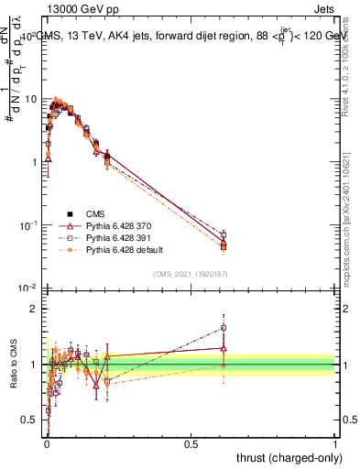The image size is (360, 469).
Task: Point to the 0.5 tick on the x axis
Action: (x=191, y=442)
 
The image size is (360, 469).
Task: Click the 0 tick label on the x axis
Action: (x=47, y=442)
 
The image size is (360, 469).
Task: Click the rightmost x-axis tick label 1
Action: (x=335, y=442)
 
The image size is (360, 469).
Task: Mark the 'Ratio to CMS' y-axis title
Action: (x=14, y=364)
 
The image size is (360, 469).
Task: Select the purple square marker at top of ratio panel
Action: (x=224, y=327)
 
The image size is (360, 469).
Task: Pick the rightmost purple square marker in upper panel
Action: (x=224, y=235)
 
